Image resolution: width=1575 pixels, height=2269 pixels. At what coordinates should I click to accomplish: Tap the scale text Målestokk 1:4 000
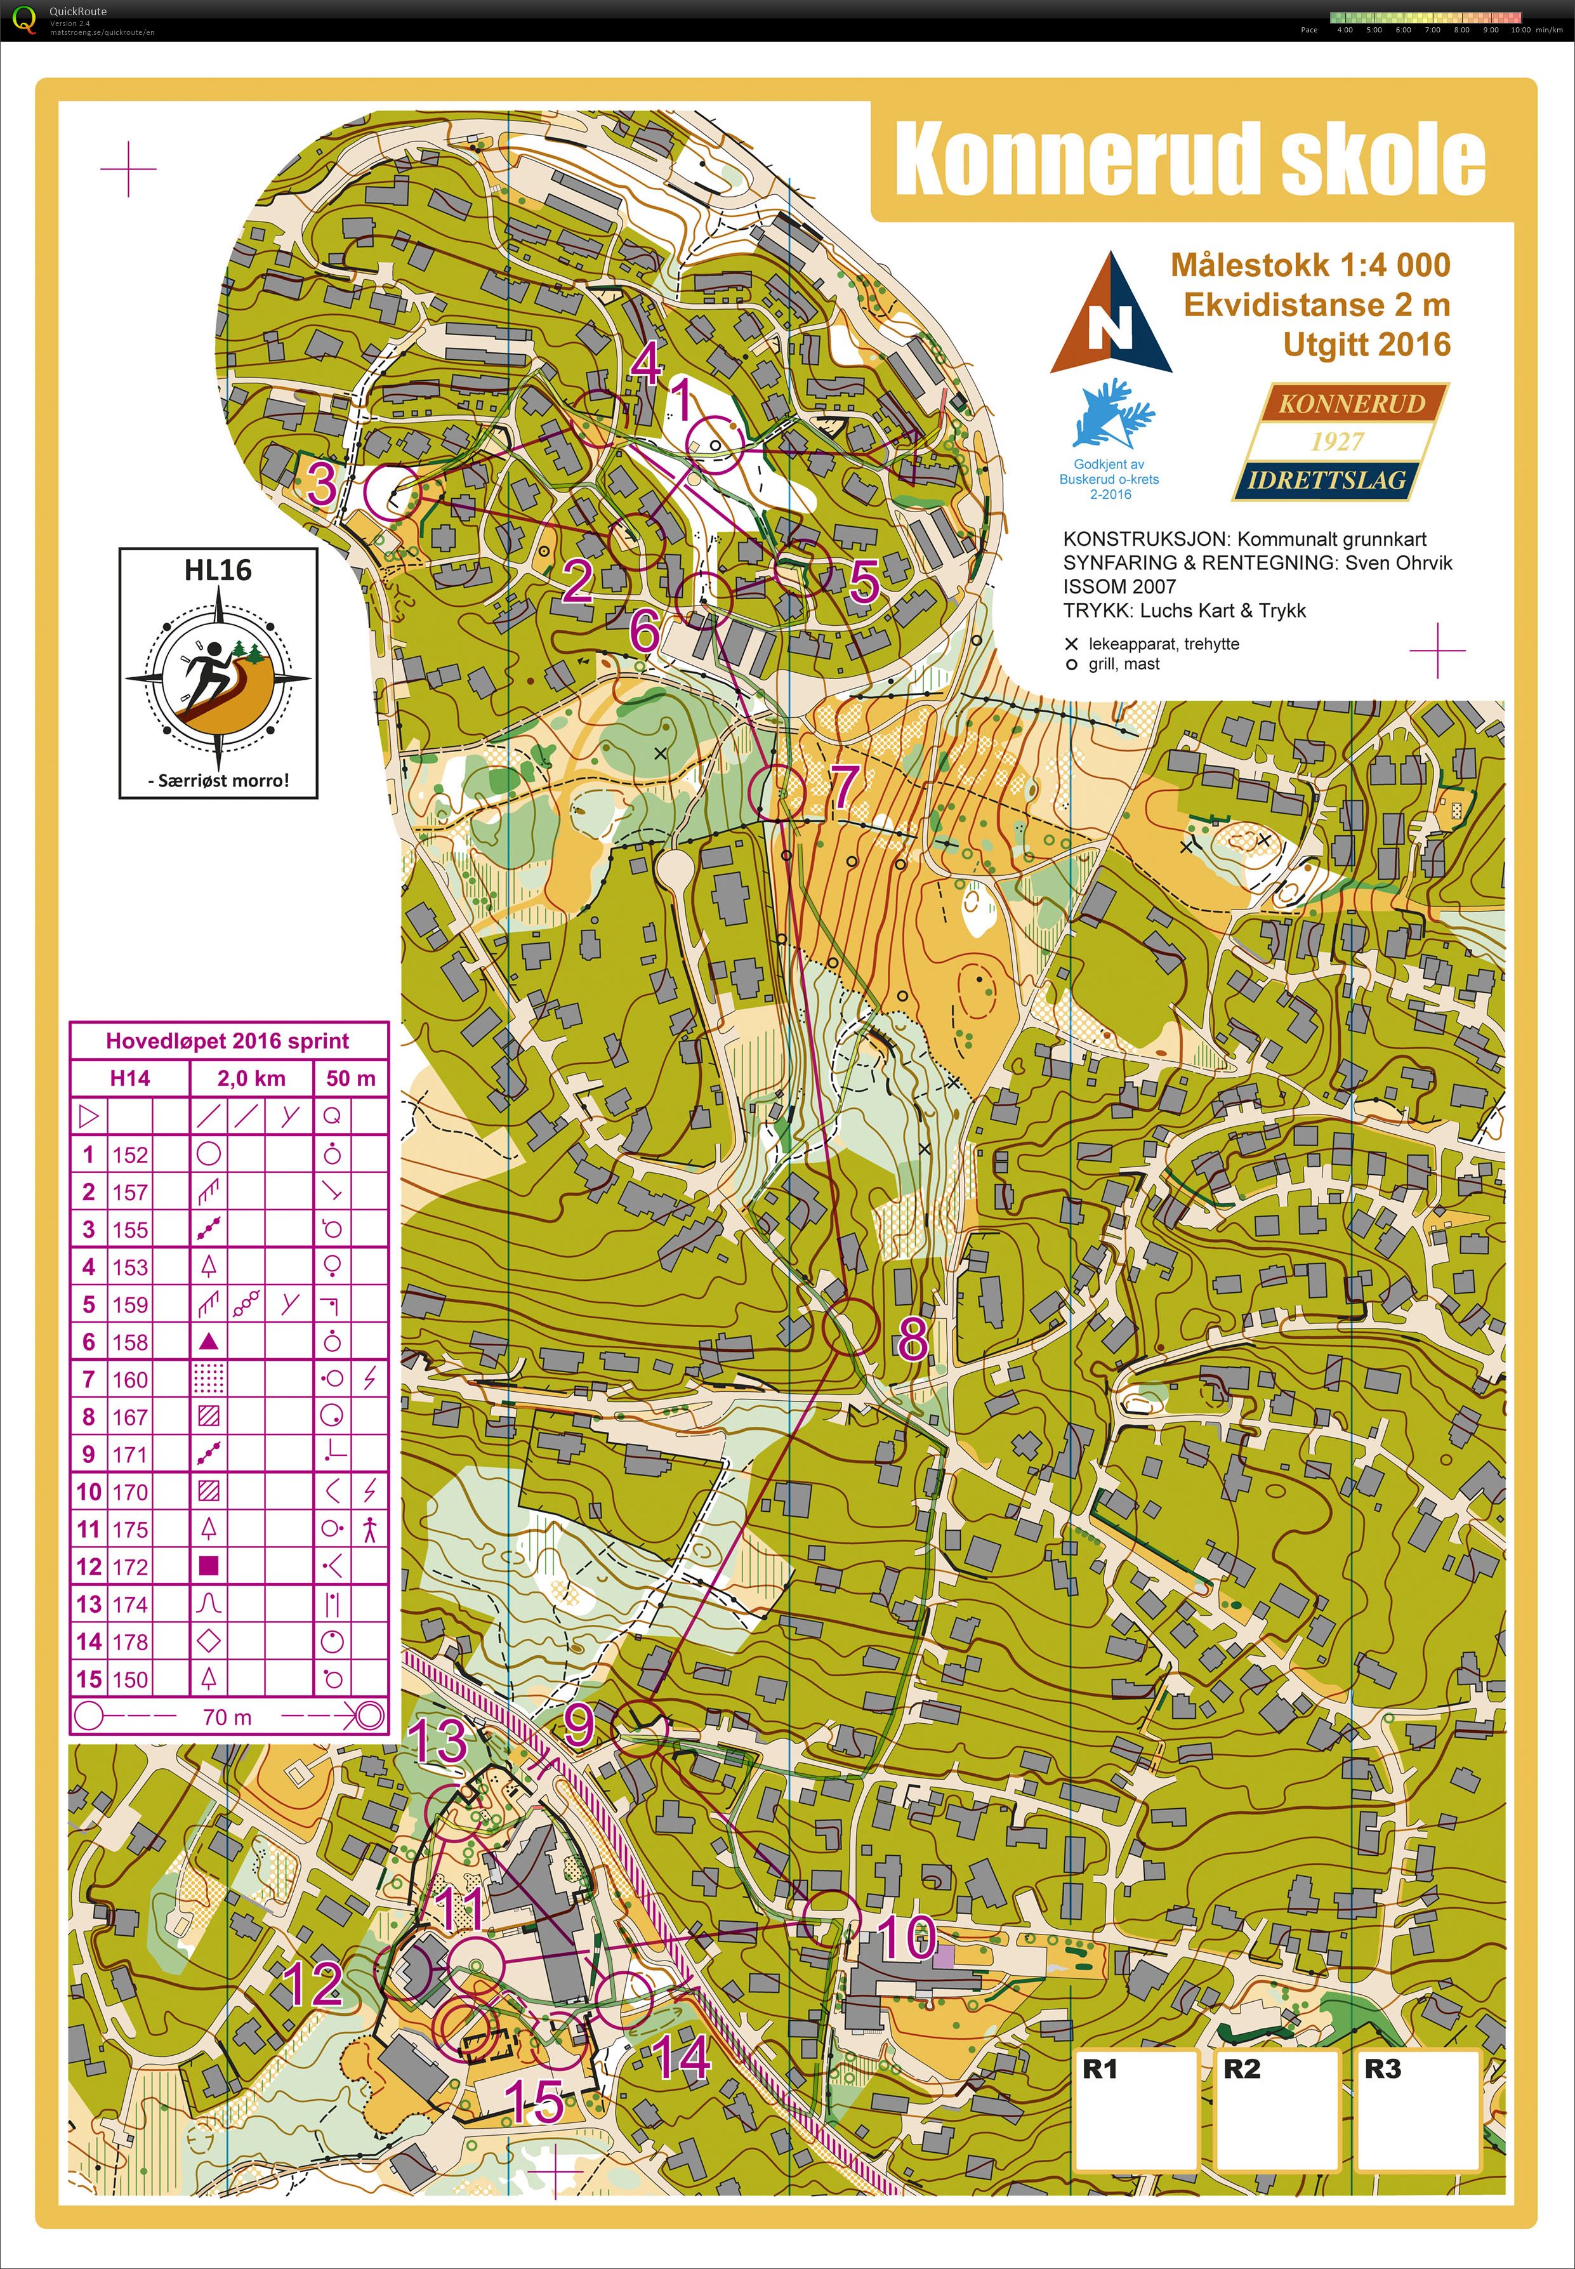pos(1310,265)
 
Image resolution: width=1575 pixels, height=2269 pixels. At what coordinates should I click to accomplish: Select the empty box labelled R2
pos(1277,2110)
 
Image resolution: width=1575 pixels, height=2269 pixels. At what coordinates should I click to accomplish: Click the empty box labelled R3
pos(1417,2110)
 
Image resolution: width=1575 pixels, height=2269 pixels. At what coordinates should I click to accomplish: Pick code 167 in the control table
pos(129,1417)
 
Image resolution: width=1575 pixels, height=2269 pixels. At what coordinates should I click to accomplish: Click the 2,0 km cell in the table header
pos(251,1078)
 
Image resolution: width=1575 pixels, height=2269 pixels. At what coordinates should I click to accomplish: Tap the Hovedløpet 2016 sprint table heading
pos(227,1040)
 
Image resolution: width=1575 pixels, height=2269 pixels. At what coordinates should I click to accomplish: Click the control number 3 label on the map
pos(320,484)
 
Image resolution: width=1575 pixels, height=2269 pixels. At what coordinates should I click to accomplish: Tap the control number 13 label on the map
pos(438,1740)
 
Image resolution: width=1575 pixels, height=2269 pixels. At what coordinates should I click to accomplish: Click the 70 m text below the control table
pos(227,1717)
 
